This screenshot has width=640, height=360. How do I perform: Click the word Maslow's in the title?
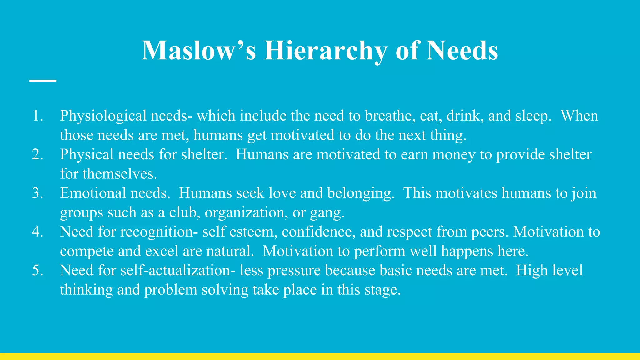[199, 51]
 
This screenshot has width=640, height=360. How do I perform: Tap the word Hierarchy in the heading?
[326, 51]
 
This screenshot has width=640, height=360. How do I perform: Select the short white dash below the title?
[43, 81]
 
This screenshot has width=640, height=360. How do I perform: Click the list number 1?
[37, 116]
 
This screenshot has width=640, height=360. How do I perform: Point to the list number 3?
[37, 193]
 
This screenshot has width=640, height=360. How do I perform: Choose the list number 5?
[37, 271]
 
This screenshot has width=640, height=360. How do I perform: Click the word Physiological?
[103, 116]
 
